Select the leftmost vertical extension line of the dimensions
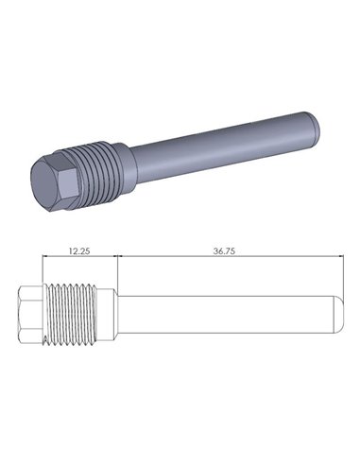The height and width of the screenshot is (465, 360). pyautogui.click(x=43, y=269)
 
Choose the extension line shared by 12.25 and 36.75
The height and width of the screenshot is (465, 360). pyautogui.click(x=115, y=269)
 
